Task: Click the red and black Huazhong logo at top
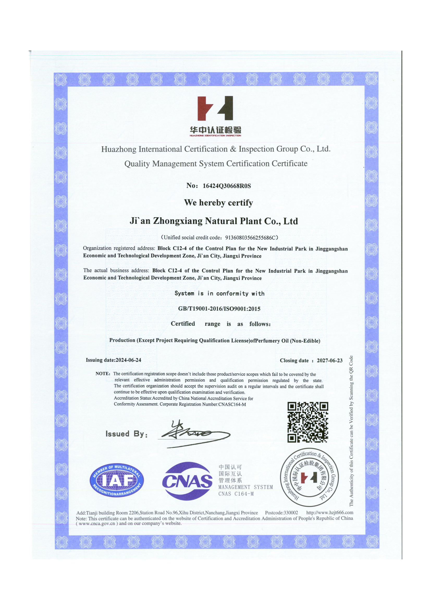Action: tap(215, 108)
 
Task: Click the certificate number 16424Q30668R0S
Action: tap(227, 186)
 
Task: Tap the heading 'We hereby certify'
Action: tap(218, 203)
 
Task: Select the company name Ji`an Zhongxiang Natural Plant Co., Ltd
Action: tap(214, 221)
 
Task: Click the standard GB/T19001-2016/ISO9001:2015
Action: tap(219, 309)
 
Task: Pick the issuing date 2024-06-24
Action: tap(128, 360)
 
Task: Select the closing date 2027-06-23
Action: tap(330, 360)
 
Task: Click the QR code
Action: tap(308, 422)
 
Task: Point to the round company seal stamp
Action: tap(310, 478)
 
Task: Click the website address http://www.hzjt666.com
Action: tap(330, 512)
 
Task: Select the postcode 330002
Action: tap(291, 513)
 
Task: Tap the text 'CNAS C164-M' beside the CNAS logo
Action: tap(236, 494)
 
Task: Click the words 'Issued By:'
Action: tap(126, 434)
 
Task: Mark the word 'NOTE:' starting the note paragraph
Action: tap(103, 373)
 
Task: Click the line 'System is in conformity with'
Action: tap(219, 293)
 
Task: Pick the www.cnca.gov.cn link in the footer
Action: tap(97, 523)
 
